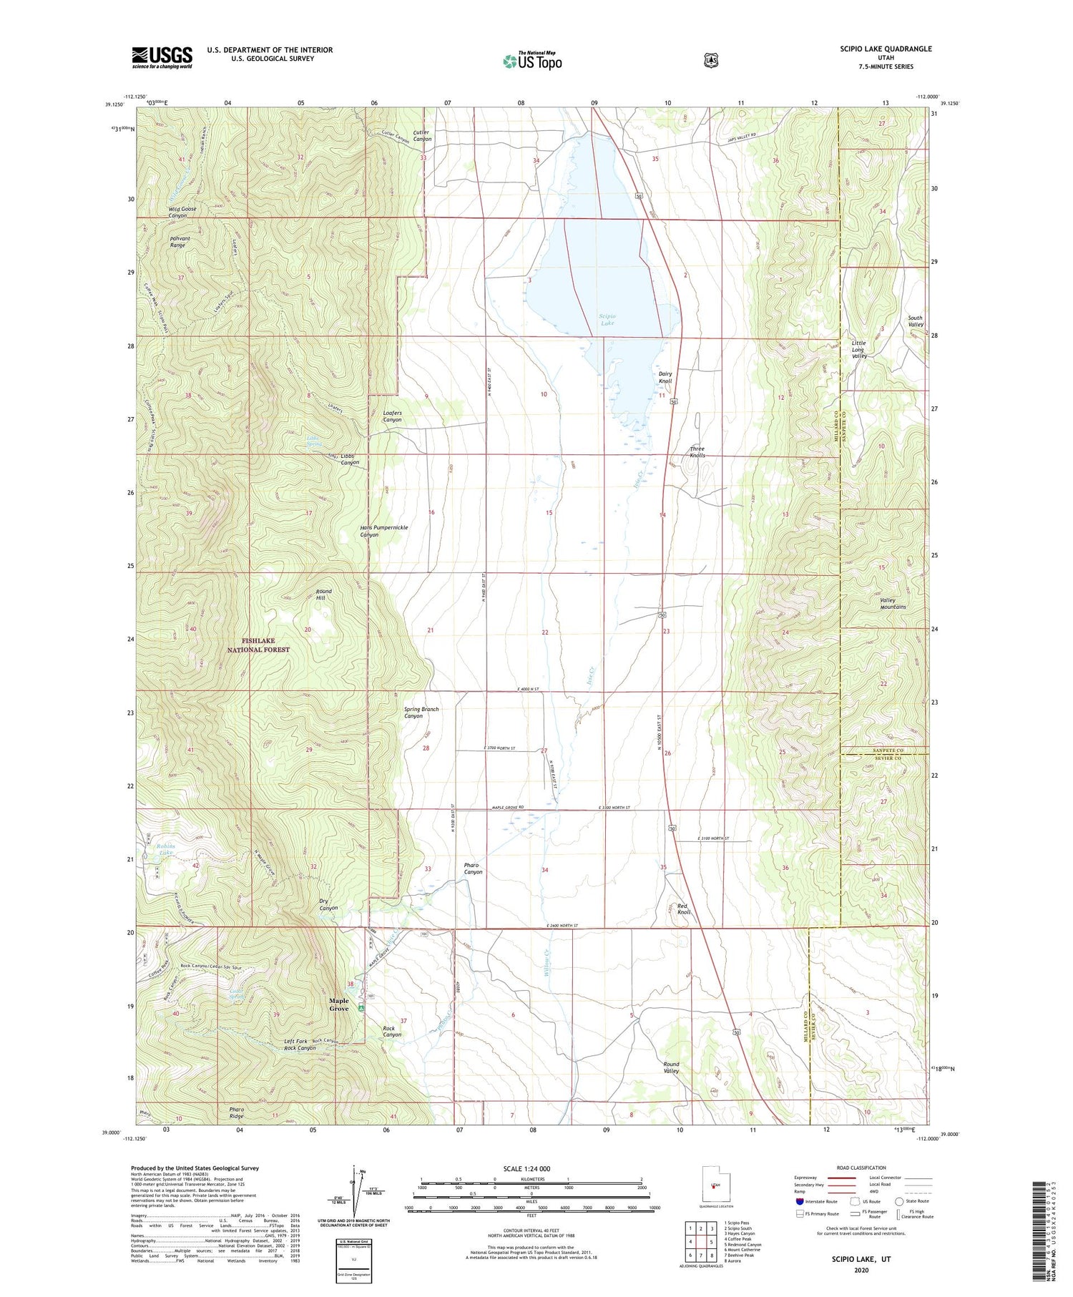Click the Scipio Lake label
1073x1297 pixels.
tap(607, 319)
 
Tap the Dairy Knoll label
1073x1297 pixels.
tap(665, 377)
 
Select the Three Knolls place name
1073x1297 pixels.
tap(697, 452)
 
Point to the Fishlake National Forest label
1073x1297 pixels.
tap(258, 645)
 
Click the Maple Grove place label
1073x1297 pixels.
tap(338, 1004)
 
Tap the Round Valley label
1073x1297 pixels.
tap(670, 1067)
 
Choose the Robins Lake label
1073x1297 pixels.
tap(165, 849)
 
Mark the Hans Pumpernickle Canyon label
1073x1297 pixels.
tap(383, 531)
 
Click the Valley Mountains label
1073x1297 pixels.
tap(892, 603)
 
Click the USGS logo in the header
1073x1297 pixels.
tap(162, 57)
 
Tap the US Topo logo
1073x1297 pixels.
tap(532, 60)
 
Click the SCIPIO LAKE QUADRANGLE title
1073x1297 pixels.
tap(886, 49)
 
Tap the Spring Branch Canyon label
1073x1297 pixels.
tap(421, 712)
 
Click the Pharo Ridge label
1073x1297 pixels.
tap(237, 1112)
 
